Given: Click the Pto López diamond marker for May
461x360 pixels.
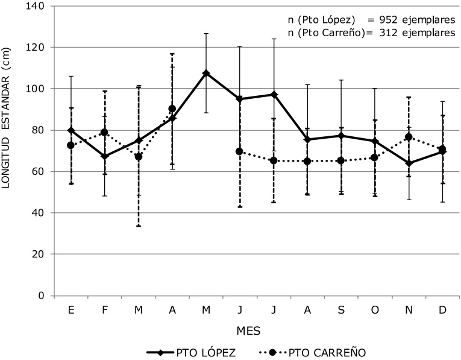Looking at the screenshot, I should click(x=206, y=73).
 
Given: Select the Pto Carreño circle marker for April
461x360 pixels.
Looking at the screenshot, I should click(x=172, y=109).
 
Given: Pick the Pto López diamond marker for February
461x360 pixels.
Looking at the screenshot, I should click(x=105, y=156).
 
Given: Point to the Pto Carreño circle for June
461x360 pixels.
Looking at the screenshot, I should click(x=240, y=151).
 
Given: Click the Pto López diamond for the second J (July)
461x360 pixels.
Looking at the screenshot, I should click(x=274, y=95).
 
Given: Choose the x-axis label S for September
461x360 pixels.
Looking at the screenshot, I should click(x=341, y=309).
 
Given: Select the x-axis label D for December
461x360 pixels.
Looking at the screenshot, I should click(x=442, y=309).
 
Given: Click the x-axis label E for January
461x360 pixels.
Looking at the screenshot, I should click(x=71, y=309).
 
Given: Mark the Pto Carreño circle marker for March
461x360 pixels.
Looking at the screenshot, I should click(x=139, y=157).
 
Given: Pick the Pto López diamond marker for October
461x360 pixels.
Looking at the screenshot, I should click(x=375, y=141).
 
